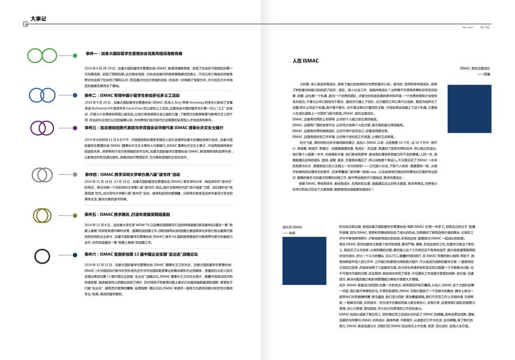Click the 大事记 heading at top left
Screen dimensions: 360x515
[x=38, y=19]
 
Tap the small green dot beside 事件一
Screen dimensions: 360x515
[x=74, y=55]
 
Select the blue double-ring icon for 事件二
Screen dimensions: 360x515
[x=42, y=95]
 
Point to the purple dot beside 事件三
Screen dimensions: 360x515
[x=74, y=128]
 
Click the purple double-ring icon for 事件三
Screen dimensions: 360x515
[x=42, y=128]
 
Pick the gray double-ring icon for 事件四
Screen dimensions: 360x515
[x=43, y=174]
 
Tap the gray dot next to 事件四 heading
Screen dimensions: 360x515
[x=74, y=174]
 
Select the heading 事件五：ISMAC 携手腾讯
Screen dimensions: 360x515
[x=127, y=214]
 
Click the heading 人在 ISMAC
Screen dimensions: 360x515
[x=306, y=61]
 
